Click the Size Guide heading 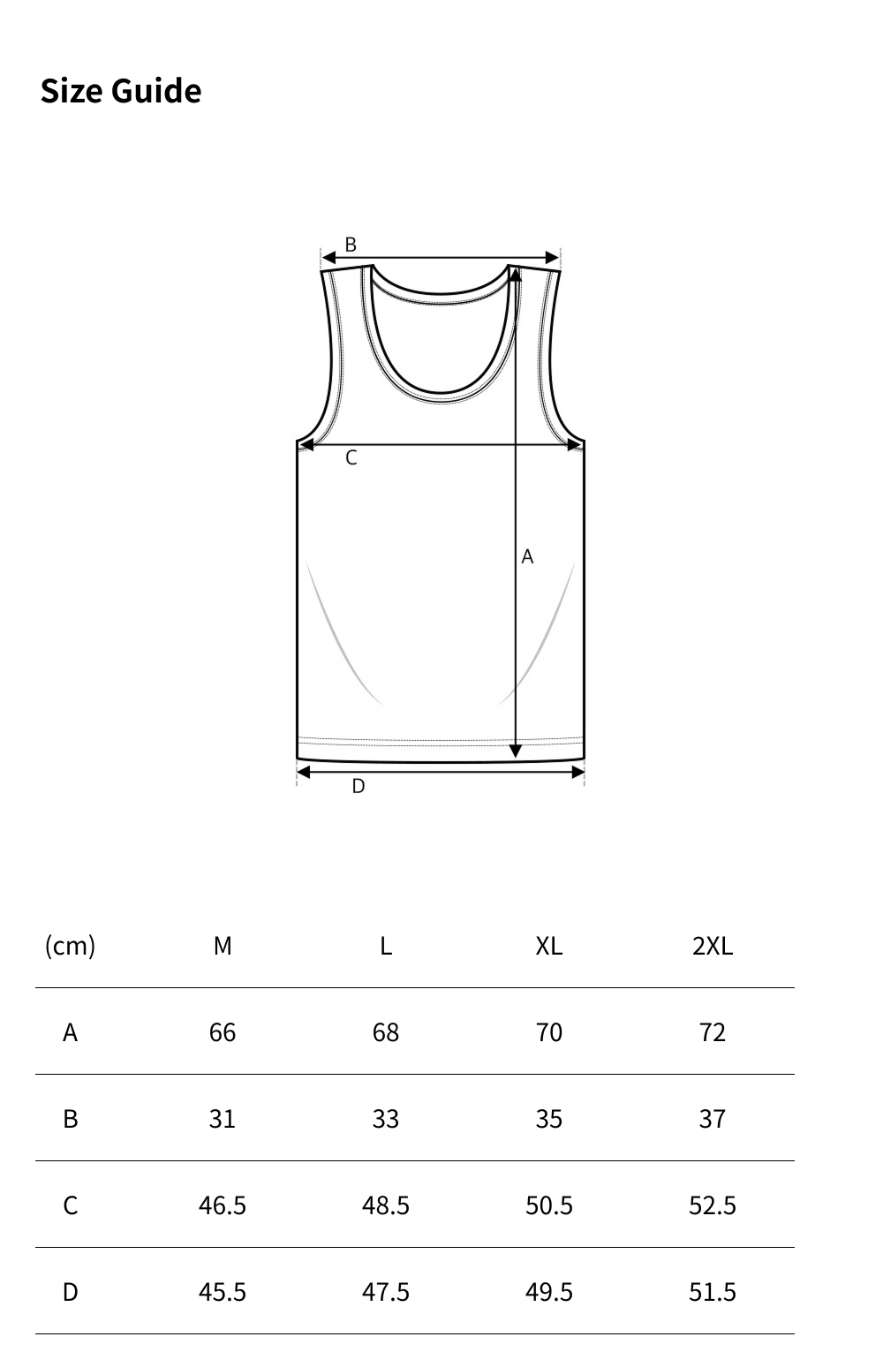pyautogui.click(x=121, y=91)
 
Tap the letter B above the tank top pyautogui.click(x=351, y=245)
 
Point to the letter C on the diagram pyautogui.click(x=351, y=458)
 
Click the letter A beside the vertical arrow pyautogui.click(x=527, y=556)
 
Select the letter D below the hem pyautogui.click(x=358, y=786)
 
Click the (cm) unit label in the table pyautogui.click(x=70, y=946)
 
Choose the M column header pyautogui.click(x=223, y=946)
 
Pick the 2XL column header pyautogui.click(x=713, y=946)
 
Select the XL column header pyautogui.click(x=548, y=946)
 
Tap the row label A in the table pyautogui.click(x=70, y=1032)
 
